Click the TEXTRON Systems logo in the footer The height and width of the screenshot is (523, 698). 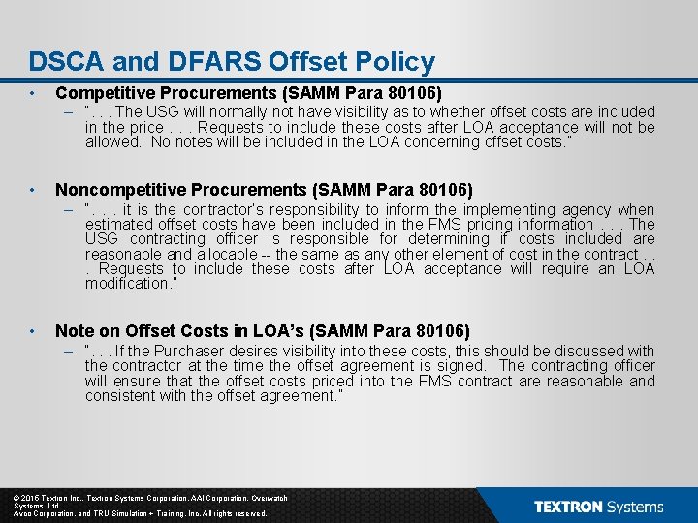[x=598, y=507]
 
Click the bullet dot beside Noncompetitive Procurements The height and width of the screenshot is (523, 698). [x=33, y=190]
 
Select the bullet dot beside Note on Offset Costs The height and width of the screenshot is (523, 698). [x=33, y=331]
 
